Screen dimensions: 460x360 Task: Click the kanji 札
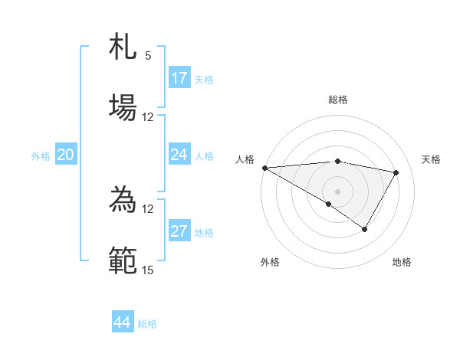click(123, 47)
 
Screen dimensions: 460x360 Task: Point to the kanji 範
click(123, 259)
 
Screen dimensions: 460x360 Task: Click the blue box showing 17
click(179, 78)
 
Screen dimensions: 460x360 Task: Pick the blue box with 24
click(179, 155)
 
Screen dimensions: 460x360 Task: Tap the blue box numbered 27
click(179, 231)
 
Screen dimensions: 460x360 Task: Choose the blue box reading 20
click(66, 155)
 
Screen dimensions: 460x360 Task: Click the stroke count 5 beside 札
click(148, 56)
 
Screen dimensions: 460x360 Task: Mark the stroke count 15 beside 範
click(148, 270)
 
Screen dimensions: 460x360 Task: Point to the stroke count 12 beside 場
click(148, 117)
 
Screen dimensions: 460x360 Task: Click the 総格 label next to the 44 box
click(147, 324)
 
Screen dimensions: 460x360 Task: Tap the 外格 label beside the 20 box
click(41, 156)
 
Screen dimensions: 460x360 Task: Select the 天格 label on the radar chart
click(432, 159)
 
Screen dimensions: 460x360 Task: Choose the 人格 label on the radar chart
click(245, 159)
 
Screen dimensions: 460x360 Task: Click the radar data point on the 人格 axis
click(264, 168)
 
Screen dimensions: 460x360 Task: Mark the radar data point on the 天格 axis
click(396, 172)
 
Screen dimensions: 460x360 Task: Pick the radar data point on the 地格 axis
click(365, 229)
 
